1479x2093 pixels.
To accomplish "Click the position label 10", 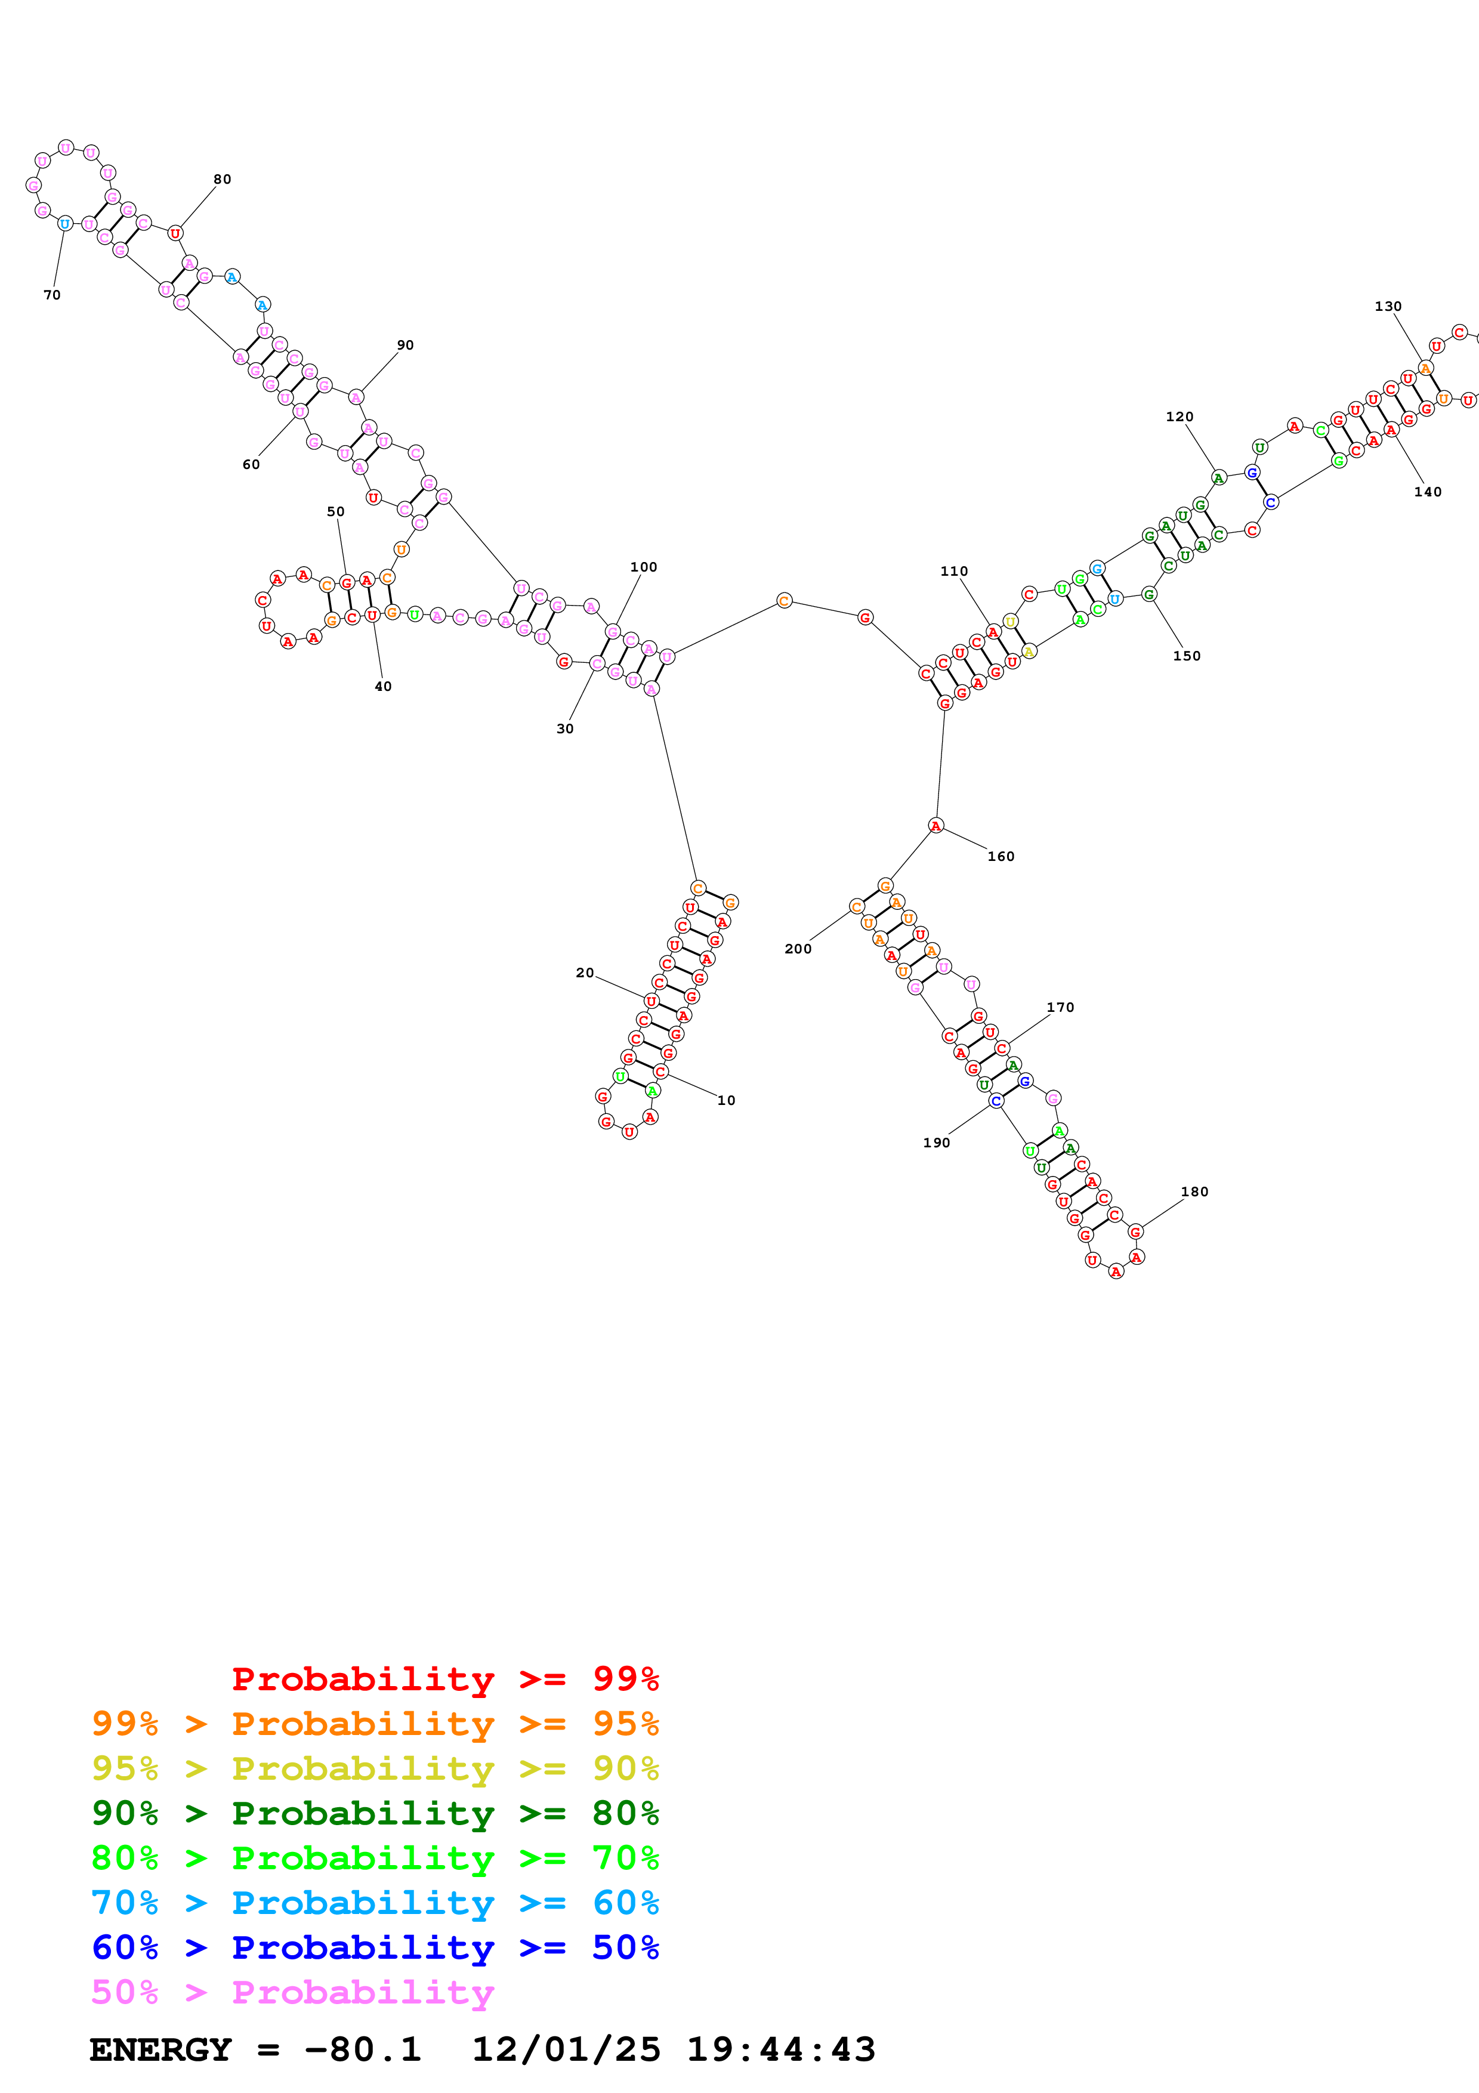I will point(725,1100).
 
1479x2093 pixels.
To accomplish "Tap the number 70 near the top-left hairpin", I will point(52,295).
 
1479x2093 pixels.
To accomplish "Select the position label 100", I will point(643,567).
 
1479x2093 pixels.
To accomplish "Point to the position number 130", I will point(1388,306).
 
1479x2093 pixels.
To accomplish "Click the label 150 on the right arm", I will point(1187,656).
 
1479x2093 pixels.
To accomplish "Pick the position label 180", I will point(1194,1192).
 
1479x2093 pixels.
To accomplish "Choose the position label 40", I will point(383,686).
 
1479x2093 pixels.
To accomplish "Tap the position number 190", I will point(936,1143).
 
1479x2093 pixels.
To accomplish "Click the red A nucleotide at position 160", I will point(936,826).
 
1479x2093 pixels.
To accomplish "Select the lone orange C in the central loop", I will point(784,601).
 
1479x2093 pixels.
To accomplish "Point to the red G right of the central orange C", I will point(865,618).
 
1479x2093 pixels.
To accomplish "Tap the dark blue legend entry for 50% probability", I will point(375,1947).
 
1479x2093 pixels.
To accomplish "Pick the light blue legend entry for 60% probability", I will point(375,1903).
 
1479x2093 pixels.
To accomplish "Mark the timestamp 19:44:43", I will point(781,2050).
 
